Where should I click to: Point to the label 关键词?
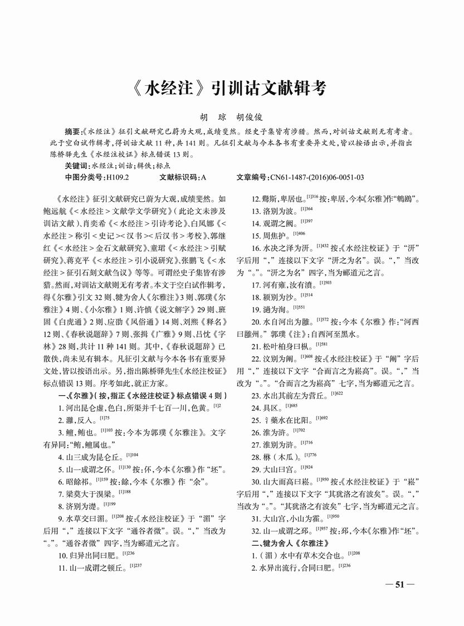pyautogui.click(x=76, y=166)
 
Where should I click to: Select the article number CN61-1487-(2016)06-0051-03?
pyautogui.click(x=316, y=177)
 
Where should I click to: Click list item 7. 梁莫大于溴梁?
pyautogui.click(x=88, y=493)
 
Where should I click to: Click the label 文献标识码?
pyautogui.click(x=179, y=177)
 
